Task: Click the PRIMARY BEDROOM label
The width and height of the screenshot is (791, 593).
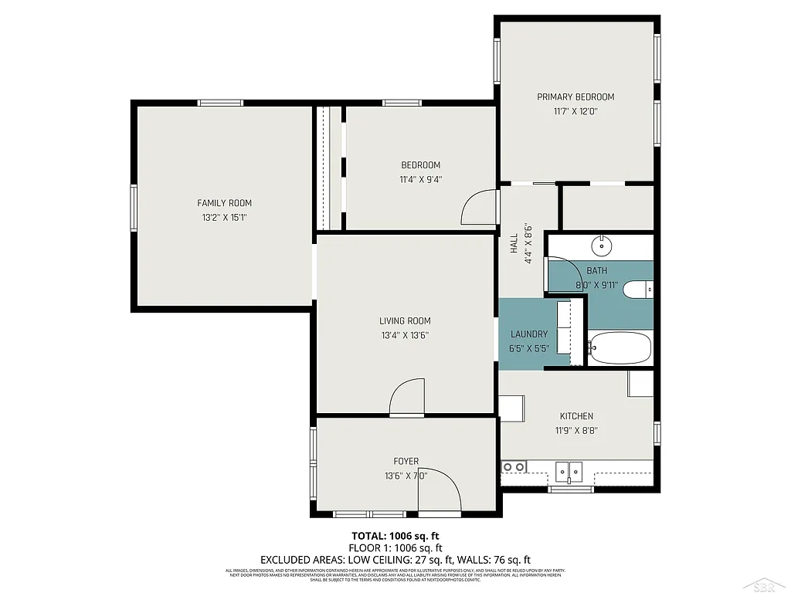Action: click(x=575, y=97)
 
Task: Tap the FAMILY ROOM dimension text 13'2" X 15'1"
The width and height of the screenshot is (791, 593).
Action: click(x=224, y=218)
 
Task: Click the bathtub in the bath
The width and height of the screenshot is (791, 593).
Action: click(x=620, y=348)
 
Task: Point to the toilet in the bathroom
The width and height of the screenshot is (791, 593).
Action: click(x=638, y=290)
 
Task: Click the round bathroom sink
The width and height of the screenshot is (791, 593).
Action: click(x=603, y=246)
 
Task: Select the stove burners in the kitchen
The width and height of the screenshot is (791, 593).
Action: click(x=514, y=466)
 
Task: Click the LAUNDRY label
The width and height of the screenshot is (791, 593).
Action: click(x=529, y=334)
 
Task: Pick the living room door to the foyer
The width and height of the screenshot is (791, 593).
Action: click(x=407, y=398)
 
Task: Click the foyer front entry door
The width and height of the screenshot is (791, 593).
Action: click(x=440, y=491)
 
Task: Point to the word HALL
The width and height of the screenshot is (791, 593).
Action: click(x=514, y=244)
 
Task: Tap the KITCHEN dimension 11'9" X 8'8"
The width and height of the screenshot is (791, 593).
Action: click(x=576, y=431)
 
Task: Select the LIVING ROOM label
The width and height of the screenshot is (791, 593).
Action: click(x=405, y=321)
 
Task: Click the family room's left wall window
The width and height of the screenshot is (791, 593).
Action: click(x=134, y=208)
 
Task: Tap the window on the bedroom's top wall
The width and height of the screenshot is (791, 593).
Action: click(x=402, y=103)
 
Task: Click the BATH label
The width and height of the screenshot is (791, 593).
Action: click(x=596, y=271)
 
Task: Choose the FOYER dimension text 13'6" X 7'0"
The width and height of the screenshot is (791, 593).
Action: click(x=406, y=476)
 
